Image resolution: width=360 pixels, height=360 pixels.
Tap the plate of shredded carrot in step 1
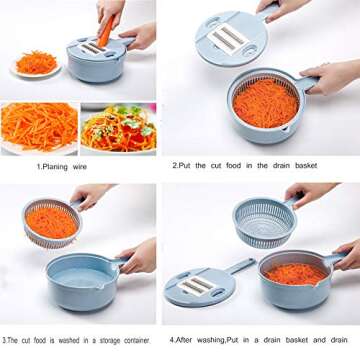click(x=35, y=65)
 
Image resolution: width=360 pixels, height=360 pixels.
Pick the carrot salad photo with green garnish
click(x=119, y=128)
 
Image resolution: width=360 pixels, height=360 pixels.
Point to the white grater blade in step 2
click(x=228, y=38)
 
